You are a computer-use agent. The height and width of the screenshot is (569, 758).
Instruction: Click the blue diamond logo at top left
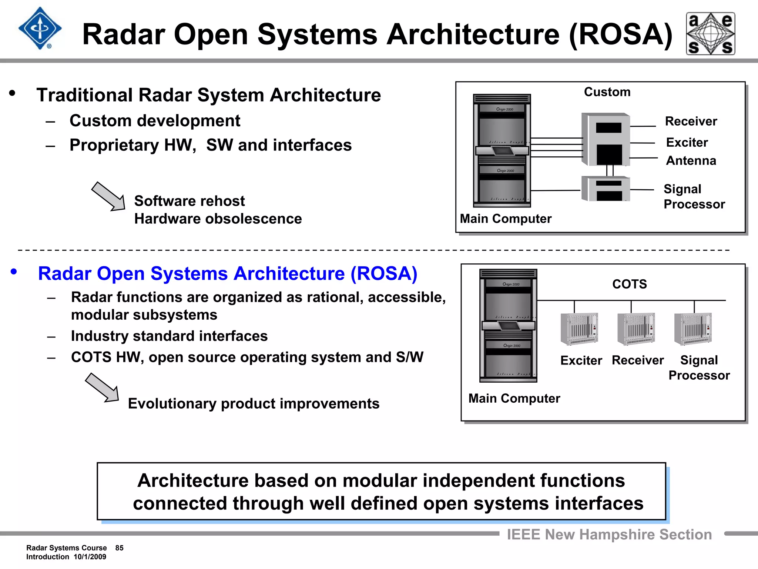(x=40, y=29)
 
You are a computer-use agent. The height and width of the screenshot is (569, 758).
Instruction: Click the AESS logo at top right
(x=710, y=34)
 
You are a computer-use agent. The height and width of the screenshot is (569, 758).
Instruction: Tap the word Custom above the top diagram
(x=607, y=92)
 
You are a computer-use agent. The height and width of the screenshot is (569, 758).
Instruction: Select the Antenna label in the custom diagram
(x=691, y=161)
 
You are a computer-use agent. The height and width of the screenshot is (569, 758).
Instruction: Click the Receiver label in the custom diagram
(x=691, y=122)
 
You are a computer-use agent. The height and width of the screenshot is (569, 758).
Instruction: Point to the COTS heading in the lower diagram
(x=629, y=284)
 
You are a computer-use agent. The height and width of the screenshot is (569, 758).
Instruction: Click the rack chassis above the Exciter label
(x=579, y=329)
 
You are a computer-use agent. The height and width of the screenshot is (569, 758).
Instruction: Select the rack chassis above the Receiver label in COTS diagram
(x=636, y=329)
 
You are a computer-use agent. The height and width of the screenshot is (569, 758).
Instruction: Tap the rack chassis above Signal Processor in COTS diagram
(x=693, y=329)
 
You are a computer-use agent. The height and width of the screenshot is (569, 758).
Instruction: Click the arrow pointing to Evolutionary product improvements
(x=103, y=388)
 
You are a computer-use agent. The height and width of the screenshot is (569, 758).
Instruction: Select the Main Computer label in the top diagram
(x=505, y=219)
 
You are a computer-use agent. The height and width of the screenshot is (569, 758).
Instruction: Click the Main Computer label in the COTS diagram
(x=514, y=398)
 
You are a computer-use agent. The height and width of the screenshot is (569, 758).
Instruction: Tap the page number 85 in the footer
(x=119, y=548)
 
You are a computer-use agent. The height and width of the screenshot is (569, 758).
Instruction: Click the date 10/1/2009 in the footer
(x=90, y=557)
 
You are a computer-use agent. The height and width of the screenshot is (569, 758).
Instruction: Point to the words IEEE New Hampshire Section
(x=609, y=535)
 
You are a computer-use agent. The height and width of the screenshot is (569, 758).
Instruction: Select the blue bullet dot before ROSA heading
(x=14, y=272)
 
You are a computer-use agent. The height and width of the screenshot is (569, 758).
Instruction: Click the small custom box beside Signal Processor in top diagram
(x=606, y=189)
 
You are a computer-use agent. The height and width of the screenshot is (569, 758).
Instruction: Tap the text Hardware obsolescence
(x=218, y=219)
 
